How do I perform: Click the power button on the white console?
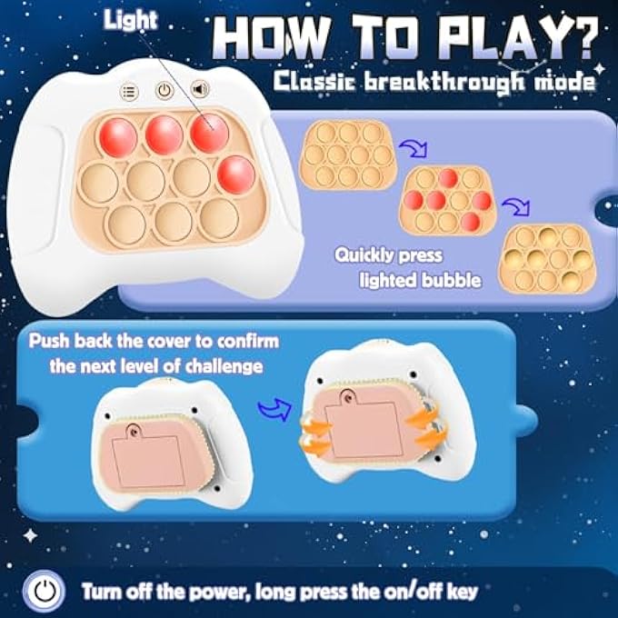click(x=164, y=90)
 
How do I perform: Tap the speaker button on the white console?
click(x=197, y=90)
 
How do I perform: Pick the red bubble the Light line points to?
click(x=210, y=133)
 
